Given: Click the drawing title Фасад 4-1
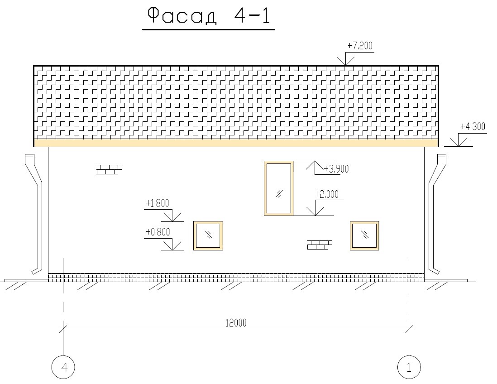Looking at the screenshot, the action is click(209, 16).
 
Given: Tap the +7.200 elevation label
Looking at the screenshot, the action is click(360, 46).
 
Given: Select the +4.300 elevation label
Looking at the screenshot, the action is click(473, 126).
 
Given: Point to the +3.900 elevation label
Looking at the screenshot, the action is click(336, 169).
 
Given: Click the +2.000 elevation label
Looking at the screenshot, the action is click(326, 194).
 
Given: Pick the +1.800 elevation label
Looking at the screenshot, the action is click(157, 203).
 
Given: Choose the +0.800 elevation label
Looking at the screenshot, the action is click(158, 232).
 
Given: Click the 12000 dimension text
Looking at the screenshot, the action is click(236, 323).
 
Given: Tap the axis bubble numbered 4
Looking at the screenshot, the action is click(63, 367).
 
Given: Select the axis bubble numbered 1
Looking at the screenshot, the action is click(409, 367).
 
